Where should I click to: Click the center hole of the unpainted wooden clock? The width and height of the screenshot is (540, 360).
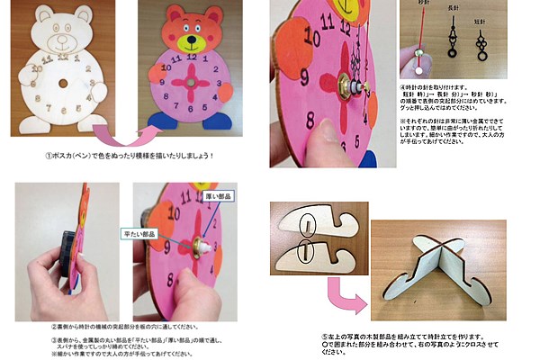pos(60,83)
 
